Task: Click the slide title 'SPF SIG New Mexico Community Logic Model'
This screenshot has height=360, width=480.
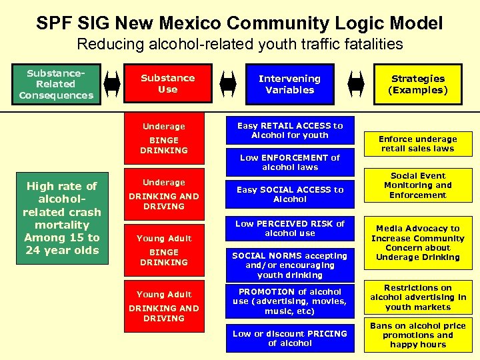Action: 240,23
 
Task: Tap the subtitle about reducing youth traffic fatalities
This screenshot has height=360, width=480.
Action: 240,45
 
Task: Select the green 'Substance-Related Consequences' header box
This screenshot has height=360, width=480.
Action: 56,84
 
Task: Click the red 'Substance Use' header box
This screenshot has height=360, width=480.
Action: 167,84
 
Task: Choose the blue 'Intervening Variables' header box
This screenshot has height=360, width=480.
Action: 289,84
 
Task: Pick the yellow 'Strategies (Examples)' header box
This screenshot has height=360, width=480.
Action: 418,84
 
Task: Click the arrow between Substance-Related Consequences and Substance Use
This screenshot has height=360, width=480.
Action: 112,84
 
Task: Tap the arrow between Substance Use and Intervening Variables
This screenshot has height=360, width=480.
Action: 228,84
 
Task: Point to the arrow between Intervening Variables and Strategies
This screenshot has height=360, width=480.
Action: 356,84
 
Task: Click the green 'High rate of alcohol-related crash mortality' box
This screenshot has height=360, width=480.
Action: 61,218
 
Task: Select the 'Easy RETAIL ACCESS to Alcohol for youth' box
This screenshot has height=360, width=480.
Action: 290,130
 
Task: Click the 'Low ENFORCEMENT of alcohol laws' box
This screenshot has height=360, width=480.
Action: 290,163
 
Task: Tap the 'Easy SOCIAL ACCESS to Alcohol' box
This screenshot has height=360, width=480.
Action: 290,195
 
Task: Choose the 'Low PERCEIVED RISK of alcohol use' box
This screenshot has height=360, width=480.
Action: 290,229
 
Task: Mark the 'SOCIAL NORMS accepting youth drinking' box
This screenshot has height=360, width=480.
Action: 290,265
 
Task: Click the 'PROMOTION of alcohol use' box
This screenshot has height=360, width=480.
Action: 290,301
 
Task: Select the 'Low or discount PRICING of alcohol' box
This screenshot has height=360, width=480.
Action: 290,339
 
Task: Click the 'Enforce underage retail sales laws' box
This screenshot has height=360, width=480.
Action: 418,144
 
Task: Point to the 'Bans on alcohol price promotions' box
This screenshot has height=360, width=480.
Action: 418,335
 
